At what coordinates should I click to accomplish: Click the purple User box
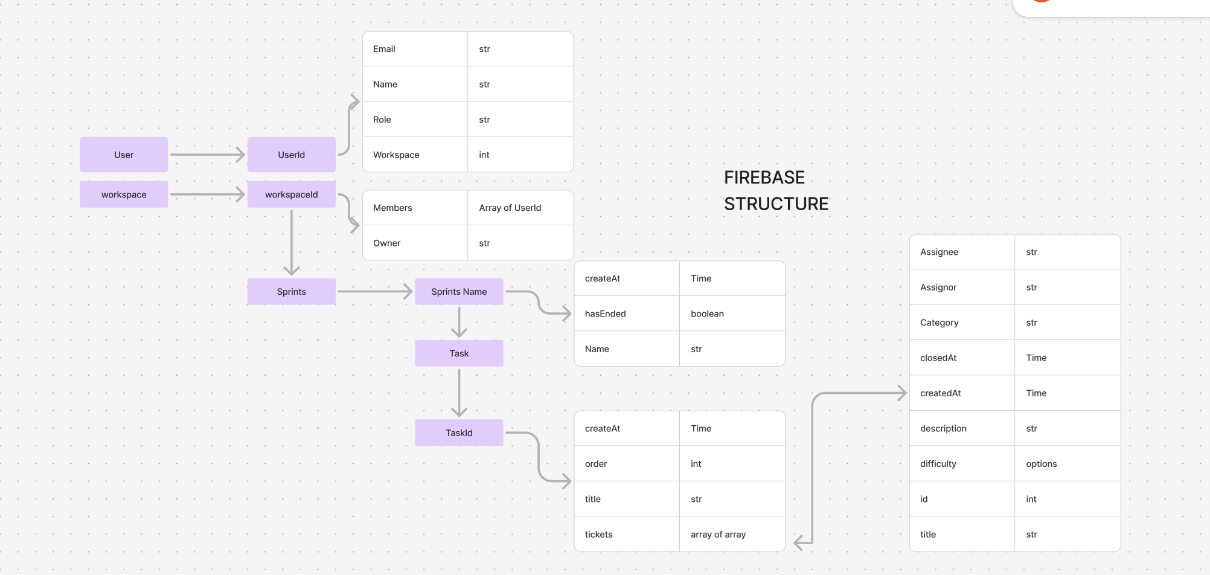click(x=124, y=155)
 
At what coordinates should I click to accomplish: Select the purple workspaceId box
click(x=291, y=194)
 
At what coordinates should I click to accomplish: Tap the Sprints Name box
click(x=459, y=292)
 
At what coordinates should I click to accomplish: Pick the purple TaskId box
click(x=459, y=432)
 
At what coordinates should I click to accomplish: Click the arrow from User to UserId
click(x=208, y=155)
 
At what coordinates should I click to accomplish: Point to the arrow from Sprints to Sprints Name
click(x=375, y=292)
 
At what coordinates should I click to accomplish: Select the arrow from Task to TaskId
click(x=459, y=393)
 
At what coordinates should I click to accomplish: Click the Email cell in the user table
click(x=415, y=49)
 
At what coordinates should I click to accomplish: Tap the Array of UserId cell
click(x=520, y=208)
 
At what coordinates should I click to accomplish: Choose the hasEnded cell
click(x=627, y=313)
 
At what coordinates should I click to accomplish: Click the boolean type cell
click(x=732, y=313)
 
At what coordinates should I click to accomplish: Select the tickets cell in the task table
click(x=627, y=534)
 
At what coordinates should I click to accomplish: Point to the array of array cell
click(x=732, y=534)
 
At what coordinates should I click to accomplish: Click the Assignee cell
click(x=962, y=252)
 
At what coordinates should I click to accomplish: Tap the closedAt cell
click(x=962, y=358)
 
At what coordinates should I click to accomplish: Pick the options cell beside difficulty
click(x=1068, y=463)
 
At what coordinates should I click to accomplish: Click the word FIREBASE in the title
click(x=764, y=178)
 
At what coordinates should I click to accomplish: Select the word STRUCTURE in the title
click(x=776, y=204)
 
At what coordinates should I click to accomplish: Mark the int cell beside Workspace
click(x=520, y=155)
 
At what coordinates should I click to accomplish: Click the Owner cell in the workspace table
click(x=415, y=243)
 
